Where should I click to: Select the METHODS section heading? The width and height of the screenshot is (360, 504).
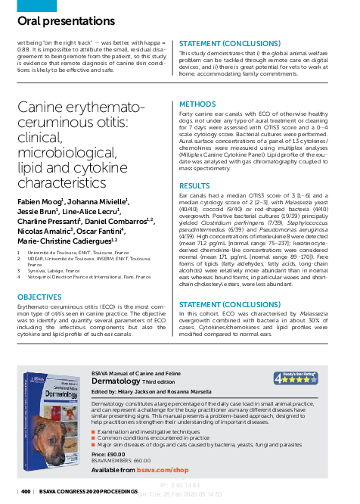coord(197,104)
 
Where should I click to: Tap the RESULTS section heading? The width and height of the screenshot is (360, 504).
coord(194,185)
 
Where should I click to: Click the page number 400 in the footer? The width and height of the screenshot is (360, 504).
coord(26,492)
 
